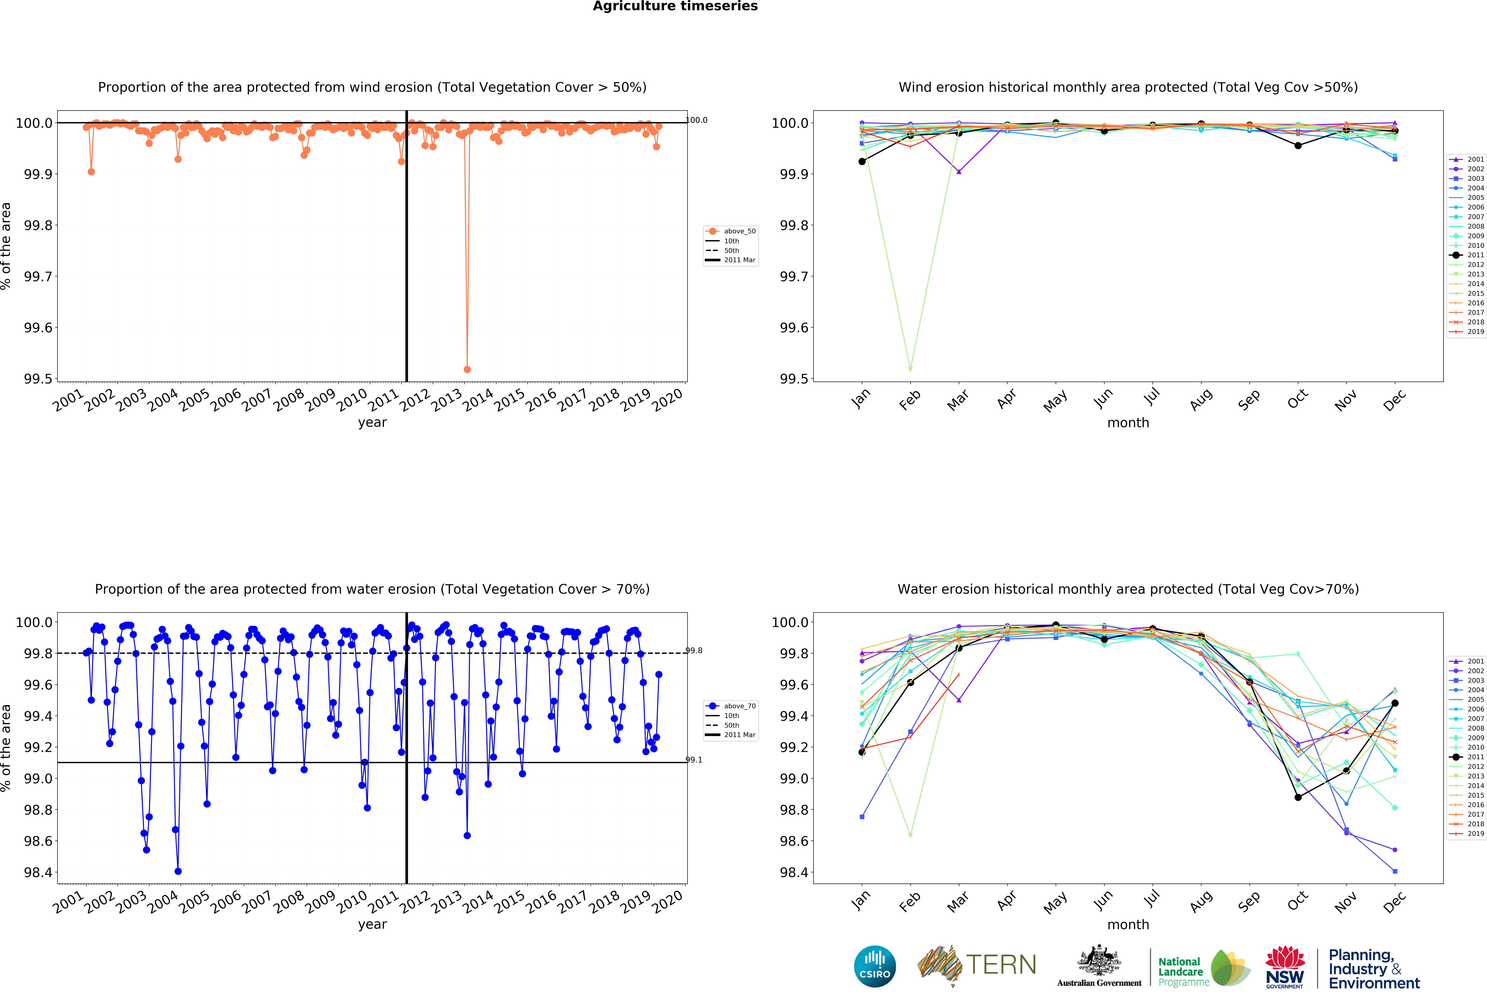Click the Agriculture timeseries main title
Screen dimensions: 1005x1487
click(x=675, y=6)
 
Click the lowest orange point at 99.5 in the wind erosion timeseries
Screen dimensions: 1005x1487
click(x=467, y=369)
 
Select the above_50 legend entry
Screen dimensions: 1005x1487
click(x=739, y=231)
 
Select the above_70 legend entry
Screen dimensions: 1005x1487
click(x=739, y=706)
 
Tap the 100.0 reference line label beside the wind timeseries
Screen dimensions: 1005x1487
click(x=697, y=120)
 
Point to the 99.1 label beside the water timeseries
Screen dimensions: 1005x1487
click(x=694, y=760)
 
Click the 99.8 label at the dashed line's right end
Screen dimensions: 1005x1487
click(x=694, y=650)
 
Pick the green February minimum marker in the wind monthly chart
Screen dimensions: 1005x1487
click(x=910, y=369)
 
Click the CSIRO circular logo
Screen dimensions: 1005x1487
click(x=875, y=966)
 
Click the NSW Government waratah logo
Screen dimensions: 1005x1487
click(x=1285, y=967)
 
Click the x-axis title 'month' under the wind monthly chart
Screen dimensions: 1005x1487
click(x=1128, y=422)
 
